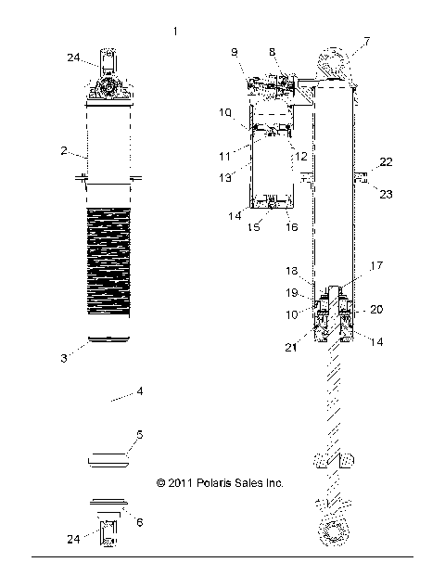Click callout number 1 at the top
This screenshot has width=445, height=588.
point(175,32)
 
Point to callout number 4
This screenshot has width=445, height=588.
point(140,392)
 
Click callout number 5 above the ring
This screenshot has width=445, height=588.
point(140,434)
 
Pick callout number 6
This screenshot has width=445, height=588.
point(140,523)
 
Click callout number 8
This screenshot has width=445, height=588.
point(272,52)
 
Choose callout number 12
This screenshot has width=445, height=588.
point(301,156)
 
